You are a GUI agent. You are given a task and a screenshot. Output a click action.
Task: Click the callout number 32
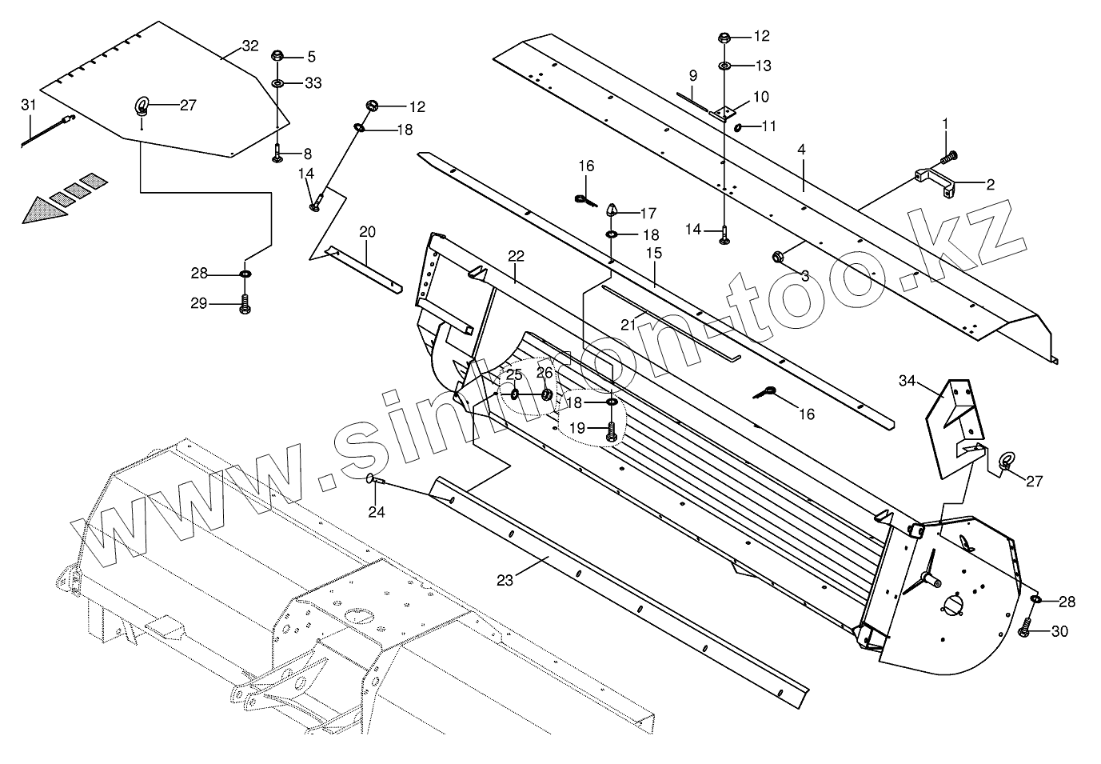coord(249,46)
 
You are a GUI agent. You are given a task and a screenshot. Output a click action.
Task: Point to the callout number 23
coord(505,581)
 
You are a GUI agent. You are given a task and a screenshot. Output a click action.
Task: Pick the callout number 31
coord(28,105)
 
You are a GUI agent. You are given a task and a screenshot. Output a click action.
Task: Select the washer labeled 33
coord(277,83)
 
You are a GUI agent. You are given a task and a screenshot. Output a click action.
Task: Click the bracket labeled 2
coord(934,181)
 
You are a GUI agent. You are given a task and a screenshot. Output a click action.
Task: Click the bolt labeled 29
coord(245,305)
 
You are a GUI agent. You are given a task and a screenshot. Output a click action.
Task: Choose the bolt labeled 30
coord(1025,630)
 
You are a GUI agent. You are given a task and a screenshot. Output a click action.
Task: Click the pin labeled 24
coord(375,479)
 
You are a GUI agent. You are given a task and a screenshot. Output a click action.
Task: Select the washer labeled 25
coord(514,394)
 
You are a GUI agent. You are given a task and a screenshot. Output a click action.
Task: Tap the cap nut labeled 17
coord(612,210)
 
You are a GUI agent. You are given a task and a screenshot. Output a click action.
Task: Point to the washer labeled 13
coord(723,65)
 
